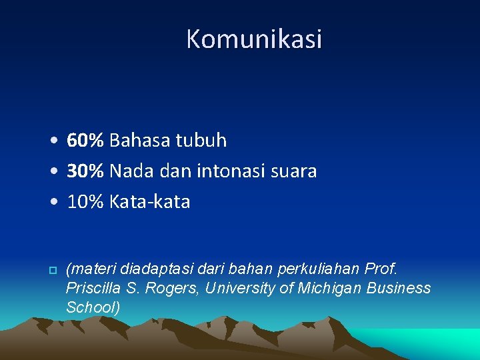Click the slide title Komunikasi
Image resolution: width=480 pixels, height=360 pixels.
tap(254, 39)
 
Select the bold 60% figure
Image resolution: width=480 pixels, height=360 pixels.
tap(85, 140)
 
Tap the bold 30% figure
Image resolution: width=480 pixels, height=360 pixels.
tap(85, 171)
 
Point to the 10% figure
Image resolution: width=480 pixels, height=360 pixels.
tap(85, 202)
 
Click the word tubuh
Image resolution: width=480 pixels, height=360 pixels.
tap(201, 140)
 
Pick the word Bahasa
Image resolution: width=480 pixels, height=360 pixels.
tap(139, 140)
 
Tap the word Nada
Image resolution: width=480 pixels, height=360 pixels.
tap(131, 171)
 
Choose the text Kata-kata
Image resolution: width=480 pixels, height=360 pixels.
tap(150, 202)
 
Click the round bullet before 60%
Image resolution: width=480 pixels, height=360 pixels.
tap(54, 140)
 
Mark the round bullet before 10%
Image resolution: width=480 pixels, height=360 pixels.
tap(54, 202)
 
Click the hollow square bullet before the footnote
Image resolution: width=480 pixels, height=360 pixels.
tap(53, 270)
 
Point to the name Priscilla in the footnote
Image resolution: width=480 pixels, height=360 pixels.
tap(93, 289)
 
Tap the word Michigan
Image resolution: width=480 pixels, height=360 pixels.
tap(329, 289)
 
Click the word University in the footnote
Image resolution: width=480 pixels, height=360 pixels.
tap(240, 289)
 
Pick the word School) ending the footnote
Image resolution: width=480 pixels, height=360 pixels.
tap(93, 307)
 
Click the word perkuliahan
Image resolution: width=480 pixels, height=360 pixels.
tap(319, 269)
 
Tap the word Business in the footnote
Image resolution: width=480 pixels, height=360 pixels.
tap(399, 289)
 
